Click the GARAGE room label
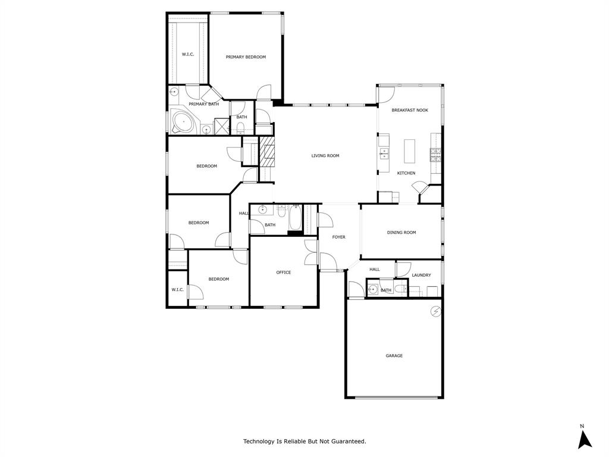(394, 356)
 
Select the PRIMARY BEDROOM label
(246, 57)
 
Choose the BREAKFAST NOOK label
(410, 110)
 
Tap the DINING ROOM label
(401, 233)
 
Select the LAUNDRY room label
(421, 275)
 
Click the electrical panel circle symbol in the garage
(436, 311)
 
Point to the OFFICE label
(284, 273)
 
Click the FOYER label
(338, 237)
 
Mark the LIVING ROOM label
(325, 156)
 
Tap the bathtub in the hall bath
(295, 219)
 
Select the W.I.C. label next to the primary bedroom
(188, 55)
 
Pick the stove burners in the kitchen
(436, 155)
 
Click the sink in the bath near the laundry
(373, 290)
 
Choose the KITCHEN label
(406, 173)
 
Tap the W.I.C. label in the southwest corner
(177, 290)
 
